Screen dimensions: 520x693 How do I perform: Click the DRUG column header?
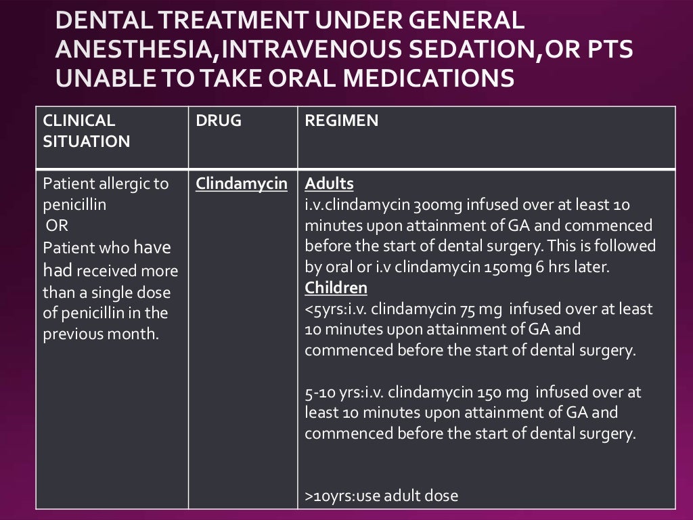click(218, 121)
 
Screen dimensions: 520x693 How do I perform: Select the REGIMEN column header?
click(341, 121)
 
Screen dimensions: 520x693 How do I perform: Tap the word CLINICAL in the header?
click(79, 121)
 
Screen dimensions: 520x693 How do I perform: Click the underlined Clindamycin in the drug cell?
click(242, 183)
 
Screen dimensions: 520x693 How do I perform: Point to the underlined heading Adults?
click(329, 183)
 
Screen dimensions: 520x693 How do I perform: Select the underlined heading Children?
click(336, 288)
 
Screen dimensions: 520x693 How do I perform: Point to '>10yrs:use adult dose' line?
click(381, 496)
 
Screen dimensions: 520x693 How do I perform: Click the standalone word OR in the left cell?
click(57, 225)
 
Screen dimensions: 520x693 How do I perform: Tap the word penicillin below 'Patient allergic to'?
click(74, 204)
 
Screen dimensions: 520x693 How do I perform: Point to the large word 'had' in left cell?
click(58, 271)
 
